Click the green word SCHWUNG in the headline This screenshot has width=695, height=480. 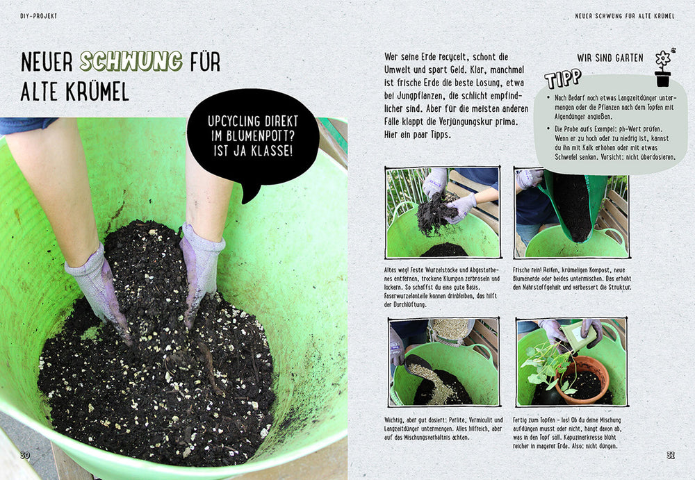coord(131,61)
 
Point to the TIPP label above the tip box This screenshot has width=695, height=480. coord(563,78)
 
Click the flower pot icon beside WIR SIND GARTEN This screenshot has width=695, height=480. coord(664,68)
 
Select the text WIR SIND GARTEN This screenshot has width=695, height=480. coord(610,58)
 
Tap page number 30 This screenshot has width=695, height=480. coord(25,455)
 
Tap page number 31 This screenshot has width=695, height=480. coord(670,455)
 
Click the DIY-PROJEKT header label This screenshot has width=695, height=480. coord(38,16)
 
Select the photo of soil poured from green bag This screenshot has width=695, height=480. coord(572,213)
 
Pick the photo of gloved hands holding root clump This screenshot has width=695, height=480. coord(443,213)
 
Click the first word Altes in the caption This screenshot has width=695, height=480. coord(391,270)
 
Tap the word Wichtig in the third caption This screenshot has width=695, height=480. coord(394,420)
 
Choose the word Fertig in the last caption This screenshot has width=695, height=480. coord(521,420)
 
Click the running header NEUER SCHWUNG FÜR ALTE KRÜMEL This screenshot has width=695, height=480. coord(625,16)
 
